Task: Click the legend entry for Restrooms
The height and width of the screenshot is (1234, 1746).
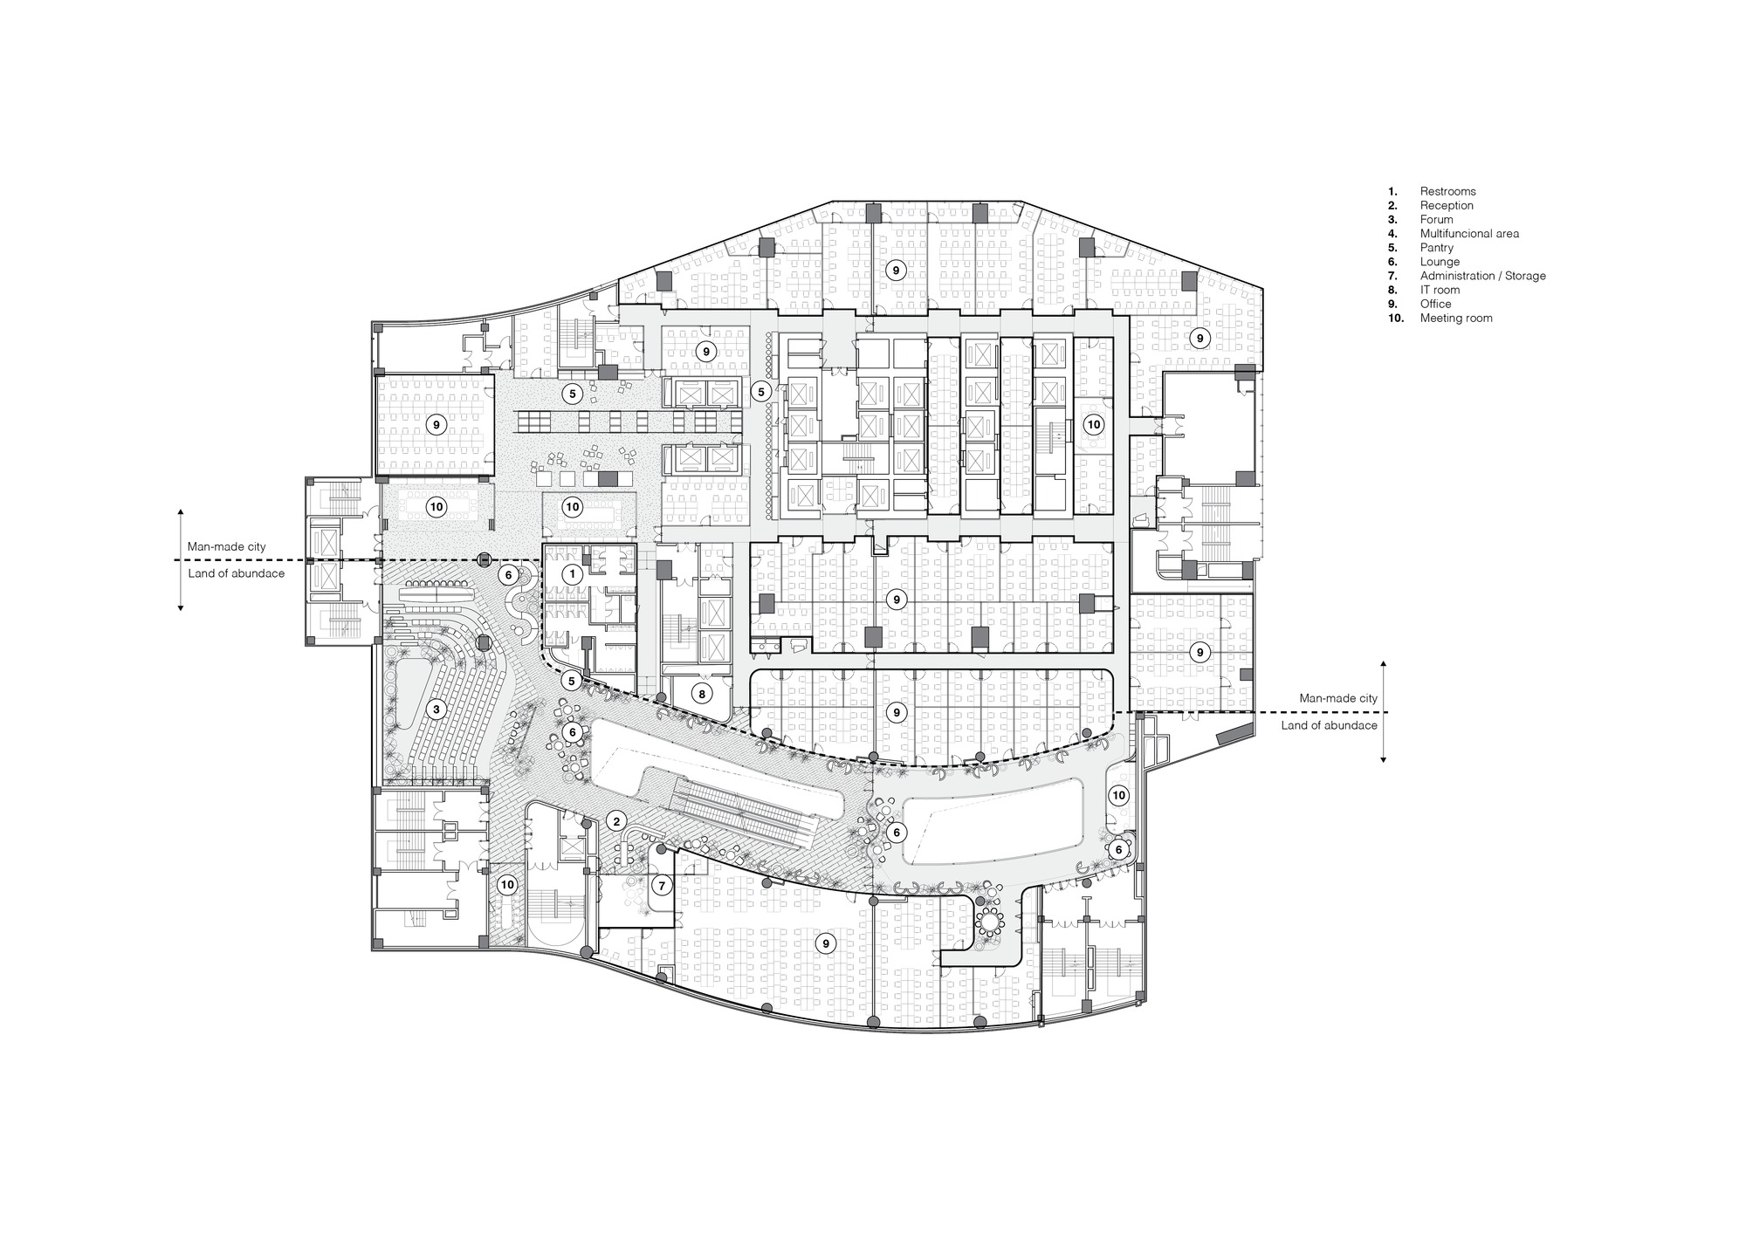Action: (1447, 191)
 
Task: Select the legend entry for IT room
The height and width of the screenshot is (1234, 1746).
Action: (1440, 290)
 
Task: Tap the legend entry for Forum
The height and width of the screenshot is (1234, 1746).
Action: (1436, 219)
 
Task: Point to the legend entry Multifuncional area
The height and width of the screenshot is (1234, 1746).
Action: (1469, 233)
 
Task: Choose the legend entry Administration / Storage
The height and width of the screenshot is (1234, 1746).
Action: (1482, 276)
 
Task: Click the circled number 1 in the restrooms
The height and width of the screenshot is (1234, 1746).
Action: (573, 574)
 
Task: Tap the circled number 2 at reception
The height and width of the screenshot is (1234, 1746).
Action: (616, 820)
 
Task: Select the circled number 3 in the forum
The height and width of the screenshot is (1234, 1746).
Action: (436, 710)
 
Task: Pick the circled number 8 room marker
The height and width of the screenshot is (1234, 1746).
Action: (702, 694)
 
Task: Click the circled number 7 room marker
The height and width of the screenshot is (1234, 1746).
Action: (662, 886)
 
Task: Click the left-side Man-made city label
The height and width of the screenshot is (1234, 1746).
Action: (226, 546)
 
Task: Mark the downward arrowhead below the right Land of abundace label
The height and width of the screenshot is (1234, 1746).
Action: (1383, 760)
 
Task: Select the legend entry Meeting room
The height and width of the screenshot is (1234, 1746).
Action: (1455, 318)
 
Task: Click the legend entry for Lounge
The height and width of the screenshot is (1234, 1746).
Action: (1440, 262)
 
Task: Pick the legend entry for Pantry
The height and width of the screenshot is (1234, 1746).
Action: (1436, 248)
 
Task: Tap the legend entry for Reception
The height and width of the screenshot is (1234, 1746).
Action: (1447, 205)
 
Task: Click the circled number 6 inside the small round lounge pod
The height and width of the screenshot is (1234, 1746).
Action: (1118, 849)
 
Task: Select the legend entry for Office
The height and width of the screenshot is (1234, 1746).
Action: (1435, 304)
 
